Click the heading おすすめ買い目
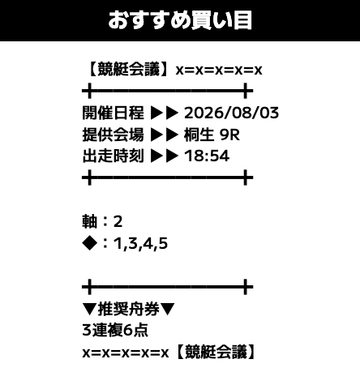tap(180, 20)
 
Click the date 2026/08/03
tap(231, 113)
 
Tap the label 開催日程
tap(113, 113)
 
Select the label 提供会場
tap(113, 135)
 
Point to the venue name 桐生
tap(199, 135)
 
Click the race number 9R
tap(229, 135)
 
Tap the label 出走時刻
tap(113, 156)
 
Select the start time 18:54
tap(207, 156)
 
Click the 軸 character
tap(89, 221)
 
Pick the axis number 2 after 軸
tap(118, 222)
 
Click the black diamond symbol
tap(89, 243)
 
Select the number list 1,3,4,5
tap(140, 244)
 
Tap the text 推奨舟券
tap(128, 309)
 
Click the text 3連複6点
tap(115, 330)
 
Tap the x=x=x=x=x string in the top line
tap(219, 71)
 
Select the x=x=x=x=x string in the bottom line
tap(126, 353)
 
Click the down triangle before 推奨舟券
tap(89, 309)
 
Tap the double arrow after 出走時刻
tap(165, 156)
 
